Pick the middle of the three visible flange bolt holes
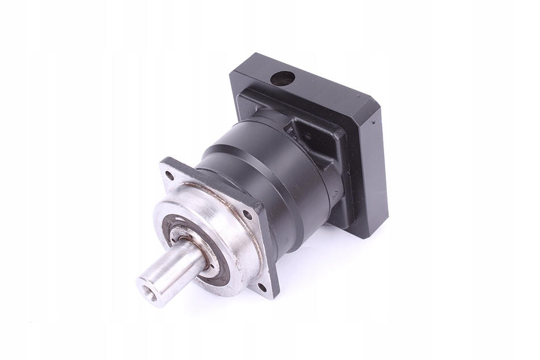(247, 215)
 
